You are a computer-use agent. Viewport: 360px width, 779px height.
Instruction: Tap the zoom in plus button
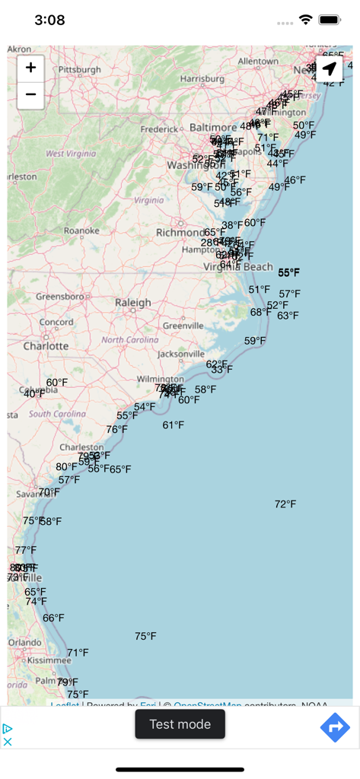tap(30, 68)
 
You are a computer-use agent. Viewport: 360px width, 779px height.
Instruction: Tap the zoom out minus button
tap(30, 95)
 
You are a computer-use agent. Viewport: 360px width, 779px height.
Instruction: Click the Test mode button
tap(180, 724)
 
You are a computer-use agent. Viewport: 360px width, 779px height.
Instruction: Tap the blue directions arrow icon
tap(334, 728)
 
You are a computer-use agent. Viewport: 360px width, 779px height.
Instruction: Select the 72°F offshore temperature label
tap(285, 504)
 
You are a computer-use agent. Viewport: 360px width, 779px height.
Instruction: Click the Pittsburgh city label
tap(79, 69)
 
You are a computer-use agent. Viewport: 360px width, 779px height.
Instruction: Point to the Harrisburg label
tap(202, 78)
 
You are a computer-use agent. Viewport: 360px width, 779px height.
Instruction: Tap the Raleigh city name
tap(133, 303)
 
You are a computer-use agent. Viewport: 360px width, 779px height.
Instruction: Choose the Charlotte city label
tap(46, 346)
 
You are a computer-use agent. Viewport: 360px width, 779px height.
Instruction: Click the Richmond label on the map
tap(180, 232)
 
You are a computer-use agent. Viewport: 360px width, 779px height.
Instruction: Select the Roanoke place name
tap(81, 231)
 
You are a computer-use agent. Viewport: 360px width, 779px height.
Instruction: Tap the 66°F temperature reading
tap(53, 618)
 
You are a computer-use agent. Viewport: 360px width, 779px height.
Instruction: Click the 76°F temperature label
tap(116, 430)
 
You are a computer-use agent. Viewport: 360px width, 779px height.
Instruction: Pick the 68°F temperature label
tap(261, 312)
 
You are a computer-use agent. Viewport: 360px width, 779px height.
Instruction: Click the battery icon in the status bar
tap(330, 20)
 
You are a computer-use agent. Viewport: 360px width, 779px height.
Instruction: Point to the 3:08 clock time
tap(49, 21)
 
